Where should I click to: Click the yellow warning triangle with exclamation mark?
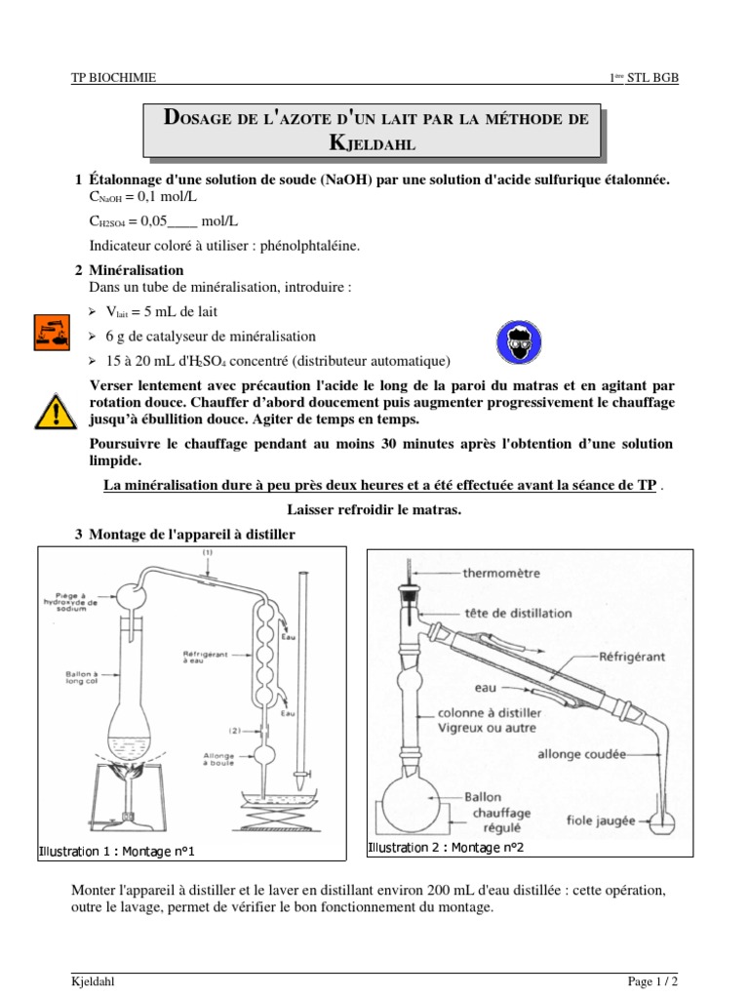[57, 411]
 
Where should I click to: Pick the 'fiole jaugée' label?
[603, 820]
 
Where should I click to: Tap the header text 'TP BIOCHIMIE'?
[114, 78]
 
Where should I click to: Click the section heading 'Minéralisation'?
[136, 269]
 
